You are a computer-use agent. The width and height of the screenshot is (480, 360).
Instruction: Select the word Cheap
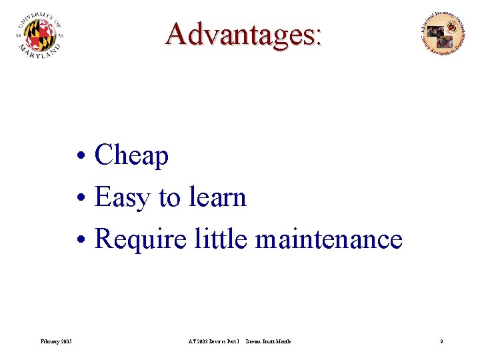click(x=131, y=156)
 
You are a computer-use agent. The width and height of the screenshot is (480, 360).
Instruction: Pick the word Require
click(x=141, y=239)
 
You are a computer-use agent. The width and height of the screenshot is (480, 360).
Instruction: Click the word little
click(x=220, y=239)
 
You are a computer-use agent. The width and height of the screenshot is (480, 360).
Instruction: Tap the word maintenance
click(x=329, y=239)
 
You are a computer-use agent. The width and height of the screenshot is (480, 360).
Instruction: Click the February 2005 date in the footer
click(x=57, y=342)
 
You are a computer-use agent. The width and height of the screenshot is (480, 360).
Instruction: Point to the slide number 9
click(x=441, y=342)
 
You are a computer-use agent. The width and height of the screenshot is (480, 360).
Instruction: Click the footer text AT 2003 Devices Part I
click(x=213, y=342)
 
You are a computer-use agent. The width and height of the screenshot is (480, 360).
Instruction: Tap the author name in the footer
click(x=268, y=342)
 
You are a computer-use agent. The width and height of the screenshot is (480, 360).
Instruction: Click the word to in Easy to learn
click(x=169, y=198)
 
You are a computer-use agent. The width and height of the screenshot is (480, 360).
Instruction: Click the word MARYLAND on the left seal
click(x=41, y=53)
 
